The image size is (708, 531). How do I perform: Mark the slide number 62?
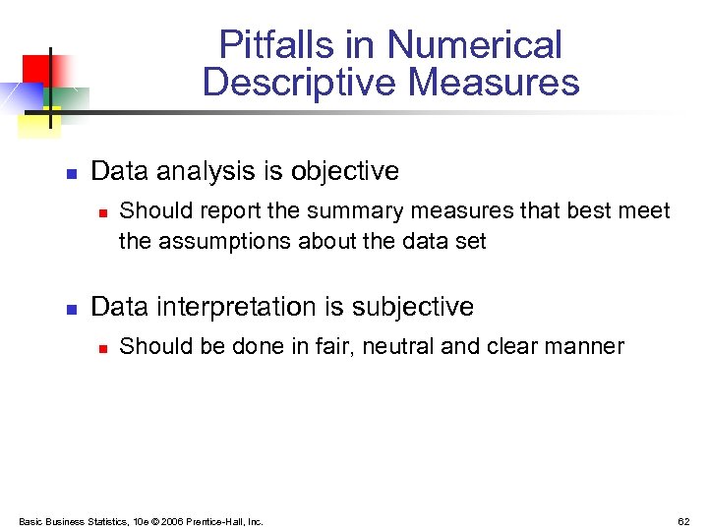[683, 521]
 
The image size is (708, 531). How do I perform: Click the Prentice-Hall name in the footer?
[223, 521]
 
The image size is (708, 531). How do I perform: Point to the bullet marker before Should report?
[102, 212]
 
